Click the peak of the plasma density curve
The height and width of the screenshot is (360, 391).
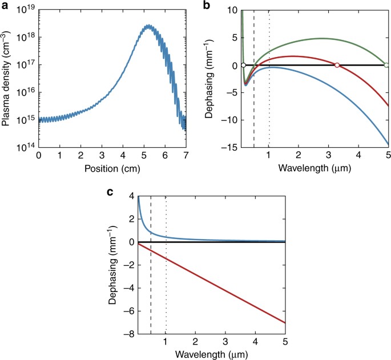(x=148, y=26)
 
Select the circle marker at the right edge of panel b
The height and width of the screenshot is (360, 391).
(x=387, y=66)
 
